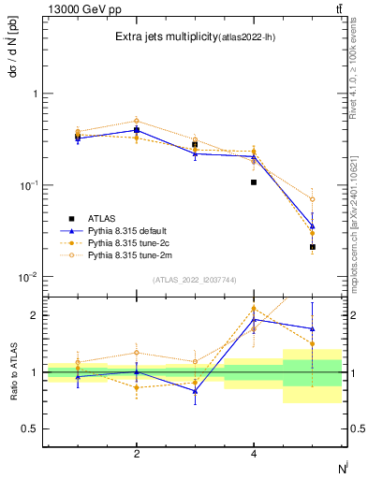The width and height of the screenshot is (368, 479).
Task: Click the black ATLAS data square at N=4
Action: [x=254, y=182]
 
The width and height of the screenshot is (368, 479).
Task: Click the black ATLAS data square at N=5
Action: [x=313, y=247]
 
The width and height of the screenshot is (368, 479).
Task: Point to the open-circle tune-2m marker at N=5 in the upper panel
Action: [x=313, y=199]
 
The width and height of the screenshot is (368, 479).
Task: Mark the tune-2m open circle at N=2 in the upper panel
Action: [x=137, y=121]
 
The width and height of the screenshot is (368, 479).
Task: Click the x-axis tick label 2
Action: [x=137, y=454]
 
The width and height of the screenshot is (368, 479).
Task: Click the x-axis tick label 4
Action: [x=254, y=454]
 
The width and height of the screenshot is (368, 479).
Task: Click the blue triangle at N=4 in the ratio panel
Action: [x=254, y=320]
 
